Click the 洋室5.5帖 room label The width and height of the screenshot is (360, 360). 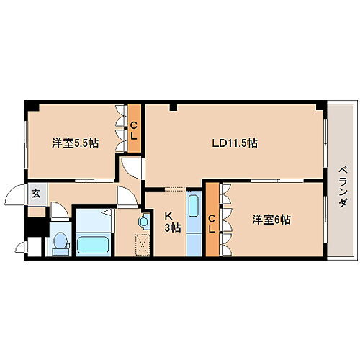(x=75, y=143)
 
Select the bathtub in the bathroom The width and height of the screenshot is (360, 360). (x=92, y=244)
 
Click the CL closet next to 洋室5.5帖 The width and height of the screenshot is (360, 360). (x=134, y=128)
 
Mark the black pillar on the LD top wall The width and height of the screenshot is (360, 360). (x=174, y=107)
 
